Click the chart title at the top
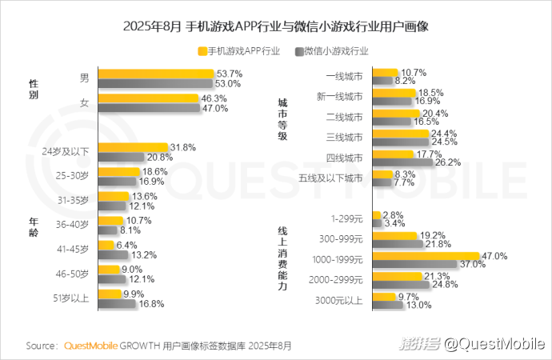coord(276,26)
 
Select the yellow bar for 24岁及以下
coord(132,147)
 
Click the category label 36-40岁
coord(72,225)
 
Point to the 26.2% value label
coord(449,162)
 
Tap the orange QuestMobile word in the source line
coord(91,346)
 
